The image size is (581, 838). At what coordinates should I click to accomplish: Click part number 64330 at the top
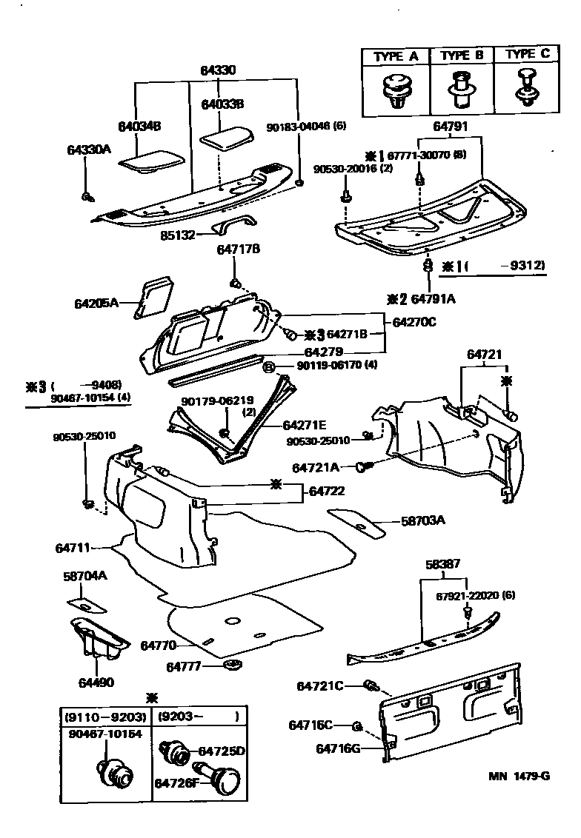(217, 71)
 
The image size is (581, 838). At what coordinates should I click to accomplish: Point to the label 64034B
(139, 126)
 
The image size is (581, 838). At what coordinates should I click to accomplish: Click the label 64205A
(96, 303)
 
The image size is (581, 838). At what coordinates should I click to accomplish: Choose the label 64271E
(305, 425)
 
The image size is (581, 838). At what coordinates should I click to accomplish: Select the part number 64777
(185, 667)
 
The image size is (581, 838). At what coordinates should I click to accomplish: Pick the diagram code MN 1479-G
(518, 777)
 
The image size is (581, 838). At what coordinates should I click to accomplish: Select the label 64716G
(337, 748)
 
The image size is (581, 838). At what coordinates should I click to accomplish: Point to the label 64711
(73, 549)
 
